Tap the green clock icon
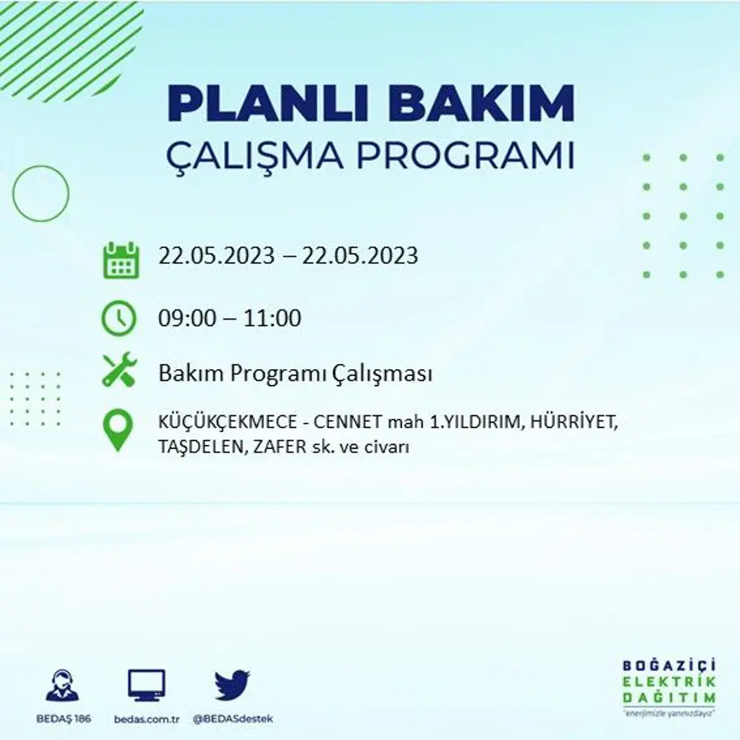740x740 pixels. pyautogui.click(x=119, y=318)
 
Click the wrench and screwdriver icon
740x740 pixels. pyautogui.click(x=119, y=370)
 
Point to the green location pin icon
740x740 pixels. pyautogui.click(x=118, y=429)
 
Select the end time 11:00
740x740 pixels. pyautogui.click(x=272, y=319)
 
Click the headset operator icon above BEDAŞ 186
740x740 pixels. pyautogui.click(x=62, y=685)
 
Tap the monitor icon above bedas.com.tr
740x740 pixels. pyautogui.click(x=146, y=684)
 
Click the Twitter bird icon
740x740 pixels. pyautogui.click(x=232, y=684)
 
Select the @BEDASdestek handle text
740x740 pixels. pyautogui.click(x=233, y=719)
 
